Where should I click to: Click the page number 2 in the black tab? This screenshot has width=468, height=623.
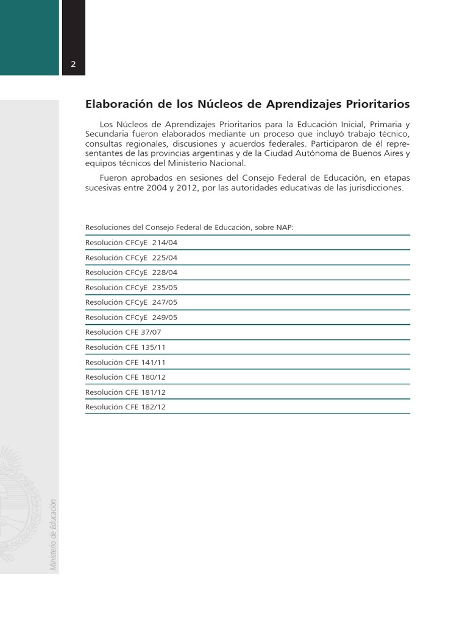[x=73, y=65]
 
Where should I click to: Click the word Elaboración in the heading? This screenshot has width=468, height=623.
[x=114, y=104]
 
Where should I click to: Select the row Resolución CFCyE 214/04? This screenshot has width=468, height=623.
[x=132, y=243]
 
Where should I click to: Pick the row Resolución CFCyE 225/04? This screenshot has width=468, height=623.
[x=132, y=257]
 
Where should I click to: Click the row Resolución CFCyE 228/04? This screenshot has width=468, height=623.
[x=132, y=273]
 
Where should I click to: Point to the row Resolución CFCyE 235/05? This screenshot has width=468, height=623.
[x=132, y=288]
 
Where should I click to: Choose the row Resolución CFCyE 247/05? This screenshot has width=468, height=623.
[x=132, y=302]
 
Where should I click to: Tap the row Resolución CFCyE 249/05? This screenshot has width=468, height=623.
[x=132, y=318]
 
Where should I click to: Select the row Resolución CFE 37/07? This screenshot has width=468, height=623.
[x=123, y=332]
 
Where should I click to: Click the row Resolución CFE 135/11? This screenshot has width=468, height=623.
[x=126, y=347]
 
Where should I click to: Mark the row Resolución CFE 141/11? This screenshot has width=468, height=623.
[x=126, y=363]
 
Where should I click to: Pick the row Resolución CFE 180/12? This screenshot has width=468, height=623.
[x=126, y=377]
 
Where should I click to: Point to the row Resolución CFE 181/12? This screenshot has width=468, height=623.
[x=126, y=392]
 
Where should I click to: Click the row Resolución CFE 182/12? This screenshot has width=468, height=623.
[x=126, y=407]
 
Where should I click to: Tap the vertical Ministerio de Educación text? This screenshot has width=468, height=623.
[x=53, y=535]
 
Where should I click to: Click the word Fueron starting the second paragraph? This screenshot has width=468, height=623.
[x=114, y=178]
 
